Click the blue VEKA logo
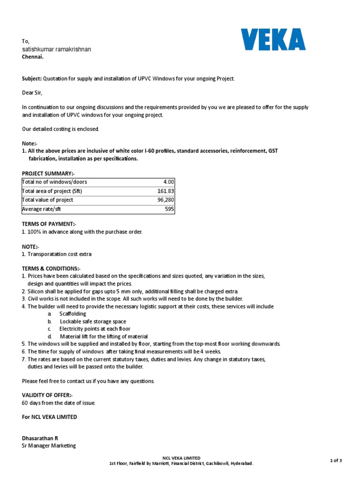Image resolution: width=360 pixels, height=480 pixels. pyautogui.click(x=273, y=39)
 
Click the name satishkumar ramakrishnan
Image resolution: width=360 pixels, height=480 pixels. pyautogui.click(x=56, y=49)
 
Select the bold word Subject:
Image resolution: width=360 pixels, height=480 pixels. pyautogui.click(x=32, y=79)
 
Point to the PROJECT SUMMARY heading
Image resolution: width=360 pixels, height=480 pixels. pyautogui.click(x=48, y=173)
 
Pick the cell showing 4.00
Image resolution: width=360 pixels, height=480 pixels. pyautogui.click(x=168, y=182)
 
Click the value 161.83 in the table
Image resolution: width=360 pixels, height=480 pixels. pyautogui.click(x=165, y=191)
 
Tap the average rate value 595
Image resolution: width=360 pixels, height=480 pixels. pyautogui.click(x=169, y=209)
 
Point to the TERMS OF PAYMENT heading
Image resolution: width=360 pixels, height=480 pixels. pyautogui.click(x=49, y=225)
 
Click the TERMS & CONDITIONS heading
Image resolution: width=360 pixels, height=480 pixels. pyautogui.click(x=51, y=269)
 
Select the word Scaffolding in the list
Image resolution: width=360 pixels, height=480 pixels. pyautogui.click(x=73, y=314)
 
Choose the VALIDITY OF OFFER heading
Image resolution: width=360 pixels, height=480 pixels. pyautogui.click(x=47, y=396)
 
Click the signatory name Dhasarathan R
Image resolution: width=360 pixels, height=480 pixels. pyautogui.click(x=40, y=438)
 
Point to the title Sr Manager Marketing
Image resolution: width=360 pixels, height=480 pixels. pyautogui.click(x=49, y=446)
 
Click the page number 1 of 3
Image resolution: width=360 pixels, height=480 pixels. pyautogui.click(x=336, y=460)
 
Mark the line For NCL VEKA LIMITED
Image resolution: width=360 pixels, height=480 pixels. pyautogui.click(x=50, y=417)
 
